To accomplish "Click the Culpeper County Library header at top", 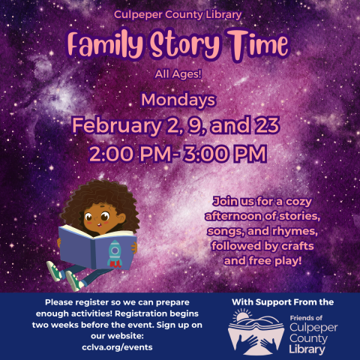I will [178, 14].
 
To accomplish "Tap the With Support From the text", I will [282, 302].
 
